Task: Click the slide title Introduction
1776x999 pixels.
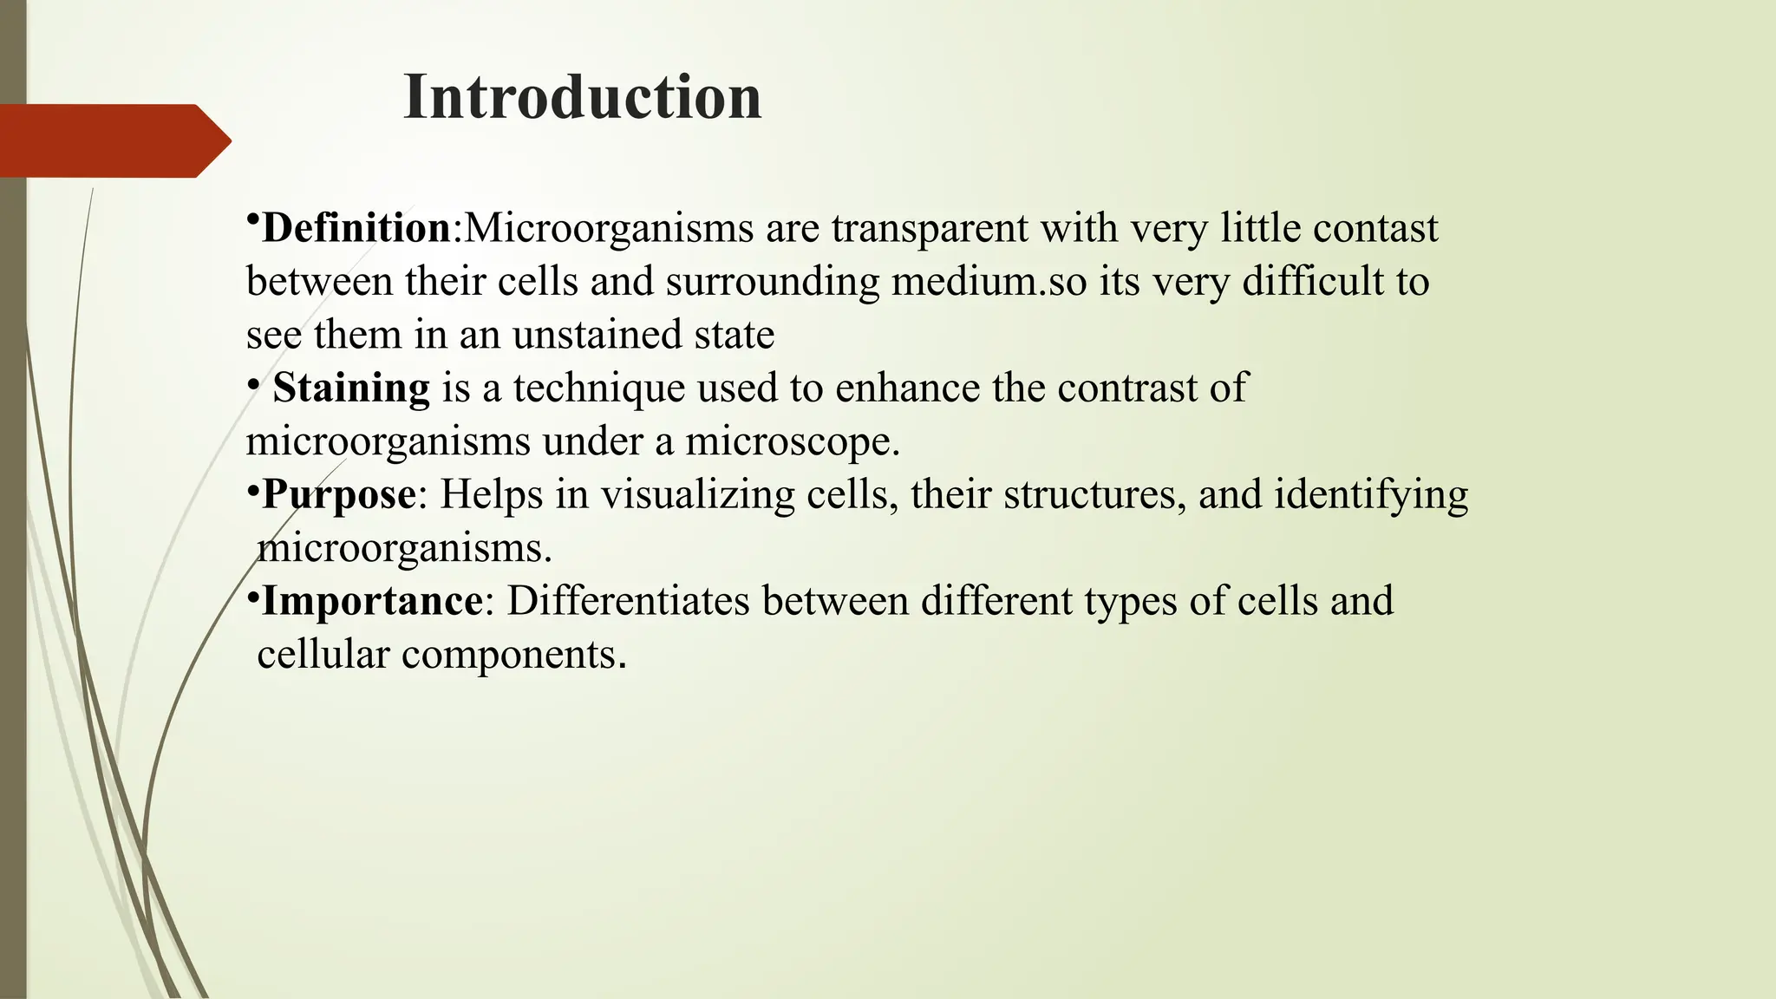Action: [582, 96]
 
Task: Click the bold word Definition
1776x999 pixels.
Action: [356, 228]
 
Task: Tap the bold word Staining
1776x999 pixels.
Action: [351, 388]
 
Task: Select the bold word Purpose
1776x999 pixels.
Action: [339, 494]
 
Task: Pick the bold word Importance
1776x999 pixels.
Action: [372, 601]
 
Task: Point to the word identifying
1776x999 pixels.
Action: [1371, 496]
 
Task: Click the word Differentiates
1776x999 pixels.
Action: [628, 601]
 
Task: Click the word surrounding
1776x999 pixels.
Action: [773, 283]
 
